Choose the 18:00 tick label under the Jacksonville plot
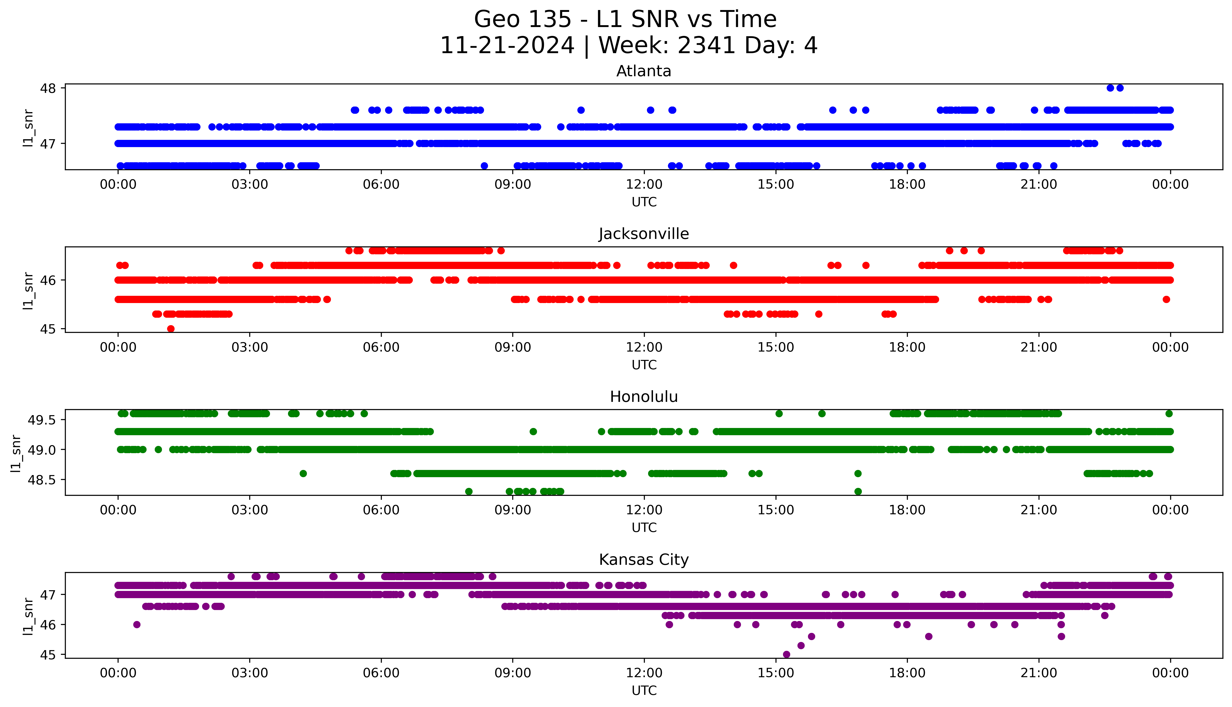pos(907,348)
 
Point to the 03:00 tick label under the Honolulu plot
pos(250,510)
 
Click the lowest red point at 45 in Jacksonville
pos(171,329)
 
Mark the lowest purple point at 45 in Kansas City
pos(786,655)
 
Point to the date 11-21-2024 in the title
pos(507,46)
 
